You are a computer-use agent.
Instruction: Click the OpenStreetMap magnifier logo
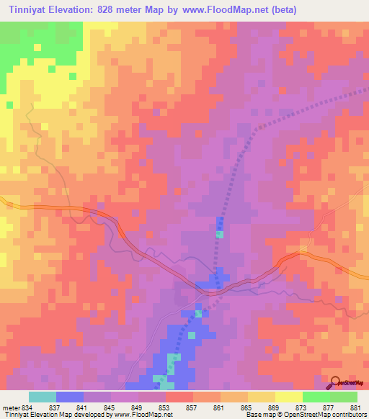[x=336, y=382]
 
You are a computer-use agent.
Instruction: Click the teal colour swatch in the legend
[x=43, y=397]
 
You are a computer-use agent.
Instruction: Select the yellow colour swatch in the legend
[x=288, y=397]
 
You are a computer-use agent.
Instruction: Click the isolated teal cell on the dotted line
[x=220, y=235]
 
